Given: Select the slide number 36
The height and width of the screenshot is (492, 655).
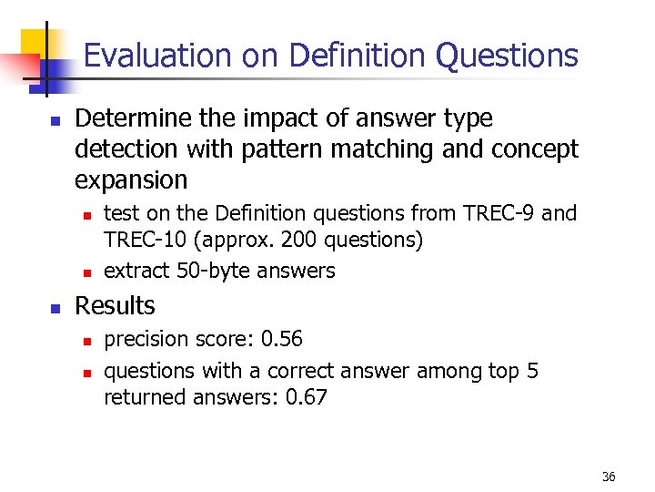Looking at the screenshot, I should (609, 477).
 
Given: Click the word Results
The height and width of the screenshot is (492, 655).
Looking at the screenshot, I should (115, 305).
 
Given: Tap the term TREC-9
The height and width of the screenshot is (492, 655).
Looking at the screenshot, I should (497, 213).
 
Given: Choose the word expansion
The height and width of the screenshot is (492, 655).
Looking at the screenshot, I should (131, 179).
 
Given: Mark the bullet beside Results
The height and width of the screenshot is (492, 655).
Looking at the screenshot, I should (55, 308).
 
